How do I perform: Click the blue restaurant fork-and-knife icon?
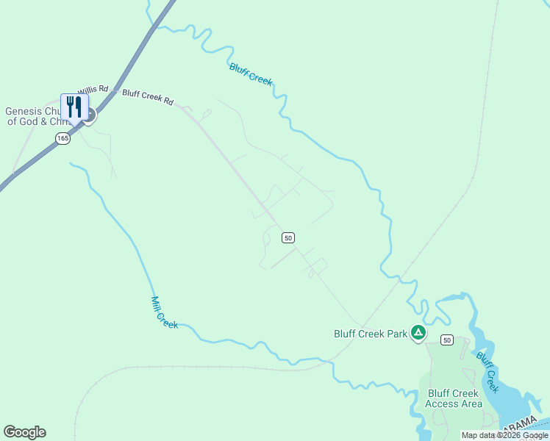coord(74,106)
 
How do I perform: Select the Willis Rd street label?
coord(93,88)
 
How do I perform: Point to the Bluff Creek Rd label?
coord(148,96)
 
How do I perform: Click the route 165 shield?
coord(63,138)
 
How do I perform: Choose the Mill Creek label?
coord(164,312)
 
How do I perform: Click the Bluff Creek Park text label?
coord(371,334)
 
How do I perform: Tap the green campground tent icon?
coord(418,334)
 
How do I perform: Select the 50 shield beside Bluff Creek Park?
coord(447,340)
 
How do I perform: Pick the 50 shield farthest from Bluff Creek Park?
coord(288,237)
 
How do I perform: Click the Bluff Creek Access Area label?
coord(454,398)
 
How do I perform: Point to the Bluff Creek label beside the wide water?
coord(488,372)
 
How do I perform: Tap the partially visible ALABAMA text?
coord(524,425)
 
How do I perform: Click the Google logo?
coord(25,432)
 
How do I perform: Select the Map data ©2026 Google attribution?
coord(505,436)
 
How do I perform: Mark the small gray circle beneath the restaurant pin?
coord(88,118)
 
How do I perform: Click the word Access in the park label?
coord(443,404)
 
